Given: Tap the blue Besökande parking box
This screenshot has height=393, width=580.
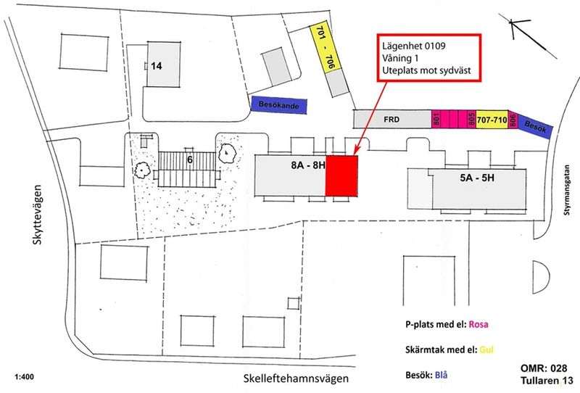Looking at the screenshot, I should (279, 104).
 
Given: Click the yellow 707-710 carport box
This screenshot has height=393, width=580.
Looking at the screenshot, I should (492, 120).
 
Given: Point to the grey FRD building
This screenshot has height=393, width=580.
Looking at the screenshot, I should (391, 119).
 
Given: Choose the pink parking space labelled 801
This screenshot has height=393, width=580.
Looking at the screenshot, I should (437, 120).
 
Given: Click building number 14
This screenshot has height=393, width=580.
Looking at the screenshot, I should (156, 65).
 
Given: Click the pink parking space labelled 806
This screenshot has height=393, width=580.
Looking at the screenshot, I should (513, 121).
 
